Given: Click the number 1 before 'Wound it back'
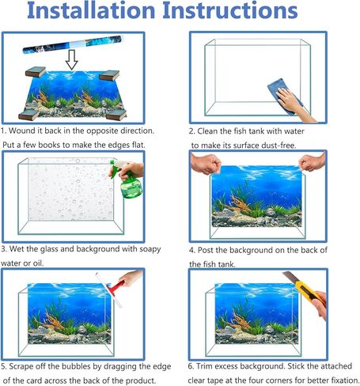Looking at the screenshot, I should [x=3, y=130].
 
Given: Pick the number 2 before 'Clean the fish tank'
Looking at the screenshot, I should [x=192, y=131].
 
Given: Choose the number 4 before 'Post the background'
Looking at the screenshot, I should [x=192, y=249].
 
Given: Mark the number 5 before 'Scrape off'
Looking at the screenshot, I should [x=3, y=366].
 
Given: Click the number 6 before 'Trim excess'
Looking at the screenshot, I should [x=192, y=366].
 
